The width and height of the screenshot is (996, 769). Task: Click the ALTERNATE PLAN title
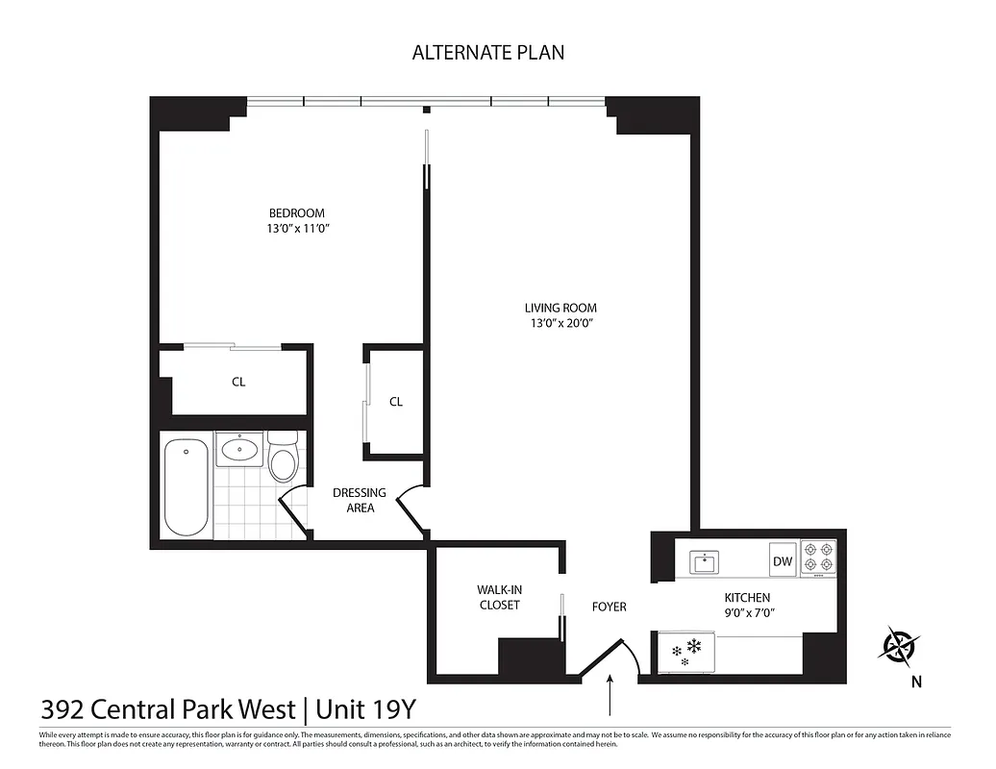tap(488, 53)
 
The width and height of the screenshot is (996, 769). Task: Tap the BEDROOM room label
tap(296, 212)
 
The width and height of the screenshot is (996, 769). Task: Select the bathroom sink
tap(238, 449)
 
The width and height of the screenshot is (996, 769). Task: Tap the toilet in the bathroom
tap(283, 461)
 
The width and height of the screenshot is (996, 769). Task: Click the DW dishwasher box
tap(783, 561)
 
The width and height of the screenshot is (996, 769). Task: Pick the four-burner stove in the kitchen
tap(818, 558)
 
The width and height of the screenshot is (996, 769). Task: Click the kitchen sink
tap(705, 560)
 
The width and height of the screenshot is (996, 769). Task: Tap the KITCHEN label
tap(747, 597)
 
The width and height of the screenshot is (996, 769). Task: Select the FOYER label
tap(609, 607)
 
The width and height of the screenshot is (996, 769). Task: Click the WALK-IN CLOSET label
tap(498, 597)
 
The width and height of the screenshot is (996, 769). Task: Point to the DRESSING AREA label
tap(360, 500)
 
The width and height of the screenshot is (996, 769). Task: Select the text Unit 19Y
tap(362, 709)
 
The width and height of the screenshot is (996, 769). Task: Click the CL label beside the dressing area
tap(395, 402)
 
